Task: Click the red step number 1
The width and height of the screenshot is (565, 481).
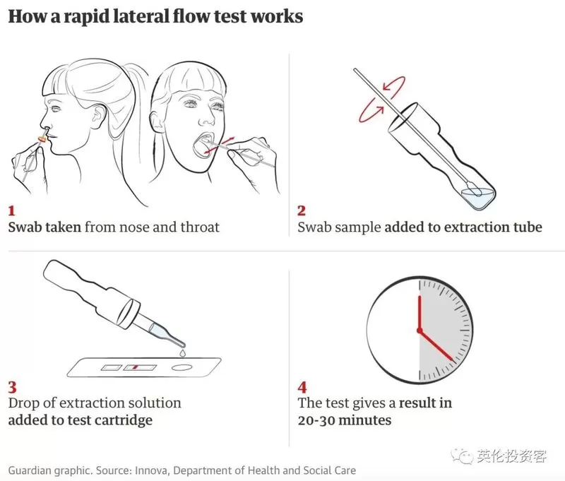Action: [11, 210]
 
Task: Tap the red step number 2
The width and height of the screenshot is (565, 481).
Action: [302, 210]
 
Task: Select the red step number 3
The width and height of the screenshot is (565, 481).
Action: [13, 387]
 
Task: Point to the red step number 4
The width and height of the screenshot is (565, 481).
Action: [302, 387]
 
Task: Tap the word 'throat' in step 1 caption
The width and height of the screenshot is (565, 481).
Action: [200, 227]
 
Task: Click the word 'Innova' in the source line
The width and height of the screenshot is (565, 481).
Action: [151, 470]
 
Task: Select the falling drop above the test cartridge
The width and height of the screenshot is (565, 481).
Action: [183, 352]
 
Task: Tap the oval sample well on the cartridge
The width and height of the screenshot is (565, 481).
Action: [182, 367]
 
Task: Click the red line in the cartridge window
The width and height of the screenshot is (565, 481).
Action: [136, 367]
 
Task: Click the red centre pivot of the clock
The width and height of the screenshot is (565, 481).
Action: [420, 331]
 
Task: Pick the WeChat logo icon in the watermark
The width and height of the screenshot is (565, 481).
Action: [463, 456]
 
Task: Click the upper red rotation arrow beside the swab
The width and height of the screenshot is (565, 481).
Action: [395, 86]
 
